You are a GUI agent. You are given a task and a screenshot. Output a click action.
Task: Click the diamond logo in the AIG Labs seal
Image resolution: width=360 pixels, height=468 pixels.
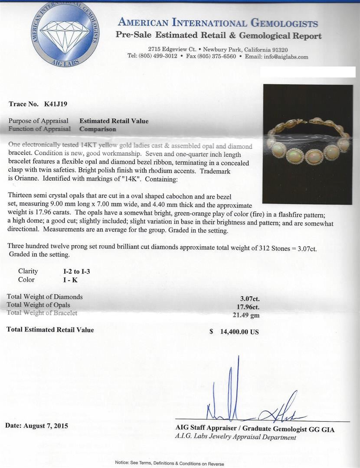65,37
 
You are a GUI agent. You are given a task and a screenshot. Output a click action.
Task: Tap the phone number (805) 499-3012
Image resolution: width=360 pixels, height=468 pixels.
157,56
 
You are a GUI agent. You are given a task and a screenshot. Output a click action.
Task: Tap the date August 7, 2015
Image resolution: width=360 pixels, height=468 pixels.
36,426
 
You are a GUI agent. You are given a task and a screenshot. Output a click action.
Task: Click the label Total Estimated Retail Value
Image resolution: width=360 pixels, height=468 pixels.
50,330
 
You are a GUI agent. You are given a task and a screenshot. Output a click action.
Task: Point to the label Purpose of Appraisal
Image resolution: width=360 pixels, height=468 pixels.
39,121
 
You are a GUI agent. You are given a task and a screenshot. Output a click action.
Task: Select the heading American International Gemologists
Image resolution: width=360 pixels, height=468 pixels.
218,23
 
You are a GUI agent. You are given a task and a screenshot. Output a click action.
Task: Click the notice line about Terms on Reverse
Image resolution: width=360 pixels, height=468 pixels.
169,463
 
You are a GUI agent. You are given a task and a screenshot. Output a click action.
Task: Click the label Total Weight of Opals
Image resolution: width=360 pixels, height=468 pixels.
39,305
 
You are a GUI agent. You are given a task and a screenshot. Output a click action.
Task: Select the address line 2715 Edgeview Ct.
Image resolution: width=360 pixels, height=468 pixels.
168,49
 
